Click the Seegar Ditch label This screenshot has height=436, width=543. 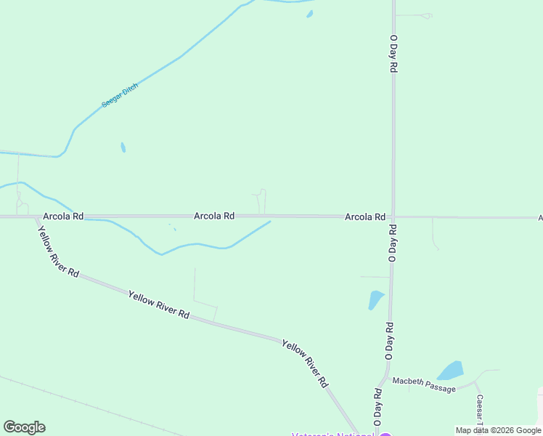[x=120, y=95]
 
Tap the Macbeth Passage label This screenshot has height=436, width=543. [x=424, y=384]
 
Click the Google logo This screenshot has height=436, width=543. [x=24, y=427]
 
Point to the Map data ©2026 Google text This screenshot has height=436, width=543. [x=498, y=430]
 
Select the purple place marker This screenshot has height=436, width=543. [x=385, y=434]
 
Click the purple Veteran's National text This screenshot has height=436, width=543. [x=332, y=434]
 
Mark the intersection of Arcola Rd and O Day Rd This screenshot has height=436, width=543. [x=393, y=217]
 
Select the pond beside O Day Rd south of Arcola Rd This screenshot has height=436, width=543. [x=375, y=299]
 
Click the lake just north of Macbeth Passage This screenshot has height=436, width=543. [x=451, y=371]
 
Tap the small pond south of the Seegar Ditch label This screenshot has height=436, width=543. [x=123, y=148]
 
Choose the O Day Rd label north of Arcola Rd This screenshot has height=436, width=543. [x=393, y=53]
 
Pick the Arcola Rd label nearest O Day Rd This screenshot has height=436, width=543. [x=364, y=217]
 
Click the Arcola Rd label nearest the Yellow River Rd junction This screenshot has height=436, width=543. [x=63, y=217]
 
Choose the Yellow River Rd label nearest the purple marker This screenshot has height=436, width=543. [x=305, y=363]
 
